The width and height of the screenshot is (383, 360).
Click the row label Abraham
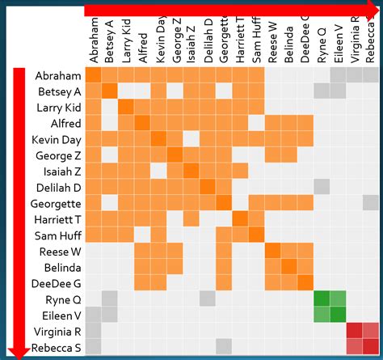(x=58, y=75)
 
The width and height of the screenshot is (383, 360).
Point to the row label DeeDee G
(x=56, y=283)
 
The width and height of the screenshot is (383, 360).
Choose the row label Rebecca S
(x=56, y=347)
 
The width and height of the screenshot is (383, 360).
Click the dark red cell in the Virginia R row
(x=355, y=331)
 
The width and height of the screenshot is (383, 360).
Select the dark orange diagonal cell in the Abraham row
(x=94, y=75)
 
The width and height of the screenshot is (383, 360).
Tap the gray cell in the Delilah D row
(x=322, y=187)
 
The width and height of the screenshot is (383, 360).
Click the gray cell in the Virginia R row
(x=94, y=331)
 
